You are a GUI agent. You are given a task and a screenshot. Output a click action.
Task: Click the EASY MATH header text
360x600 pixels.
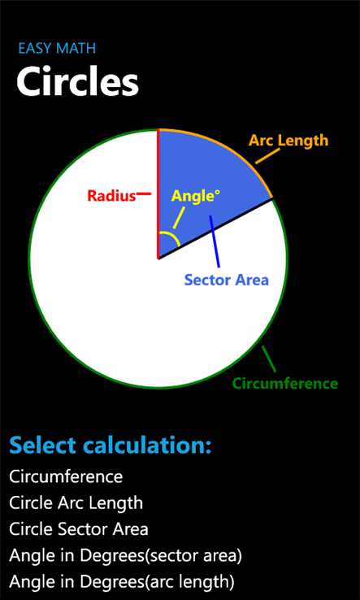[x=57, y=49]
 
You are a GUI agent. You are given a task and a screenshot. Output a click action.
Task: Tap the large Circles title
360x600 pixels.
[x=77, y=82]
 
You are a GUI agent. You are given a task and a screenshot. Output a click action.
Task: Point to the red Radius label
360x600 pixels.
[x=111, y=196]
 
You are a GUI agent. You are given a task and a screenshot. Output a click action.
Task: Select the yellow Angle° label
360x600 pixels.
[x=196, y=196]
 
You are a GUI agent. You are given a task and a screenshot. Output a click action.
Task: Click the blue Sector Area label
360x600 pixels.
[x=227, y=280]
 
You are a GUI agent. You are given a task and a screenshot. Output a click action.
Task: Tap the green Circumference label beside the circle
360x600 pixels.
[x=285, y=383]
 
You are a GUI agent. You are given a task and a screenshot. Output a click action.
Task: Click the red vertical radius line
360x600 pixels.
[x=158, y=194]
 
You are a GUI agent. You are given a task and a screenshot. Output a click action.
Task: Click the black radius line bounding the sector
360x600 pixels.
[x=215, y=228]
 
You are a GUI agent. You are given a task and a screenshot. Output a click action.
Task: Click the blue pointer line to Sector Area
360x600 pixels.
[x=215, y=241]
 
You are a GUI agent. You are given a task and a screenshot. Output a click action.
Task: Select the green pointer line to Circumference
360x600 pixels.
[x=268, y=359]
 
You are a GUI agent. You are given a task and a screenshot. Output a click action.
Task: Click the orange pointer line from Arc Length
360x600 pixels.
[x=267, y=156]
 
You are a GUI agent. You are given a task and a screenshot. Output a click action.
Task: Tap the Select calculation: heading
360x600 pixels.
[x=111, y=446]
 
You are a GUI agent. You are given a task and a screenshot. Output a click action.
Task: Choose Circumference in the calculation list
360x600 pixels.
[x=66, y=476]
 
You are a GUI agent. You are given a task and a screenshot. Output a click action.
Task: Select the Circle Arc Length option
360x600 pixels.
[x=76, y=503]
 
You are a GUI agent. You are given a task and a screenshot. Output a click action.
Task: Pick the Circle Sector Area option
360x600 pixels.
[x=79, y=529]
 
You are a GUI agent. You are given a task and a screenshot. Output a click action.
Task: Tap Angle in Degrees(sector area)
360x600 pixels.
[x=125, y=556]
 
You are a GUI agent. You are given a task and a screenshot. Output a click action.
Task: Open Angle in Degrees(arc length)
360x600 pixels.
[x=122, y=582]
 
